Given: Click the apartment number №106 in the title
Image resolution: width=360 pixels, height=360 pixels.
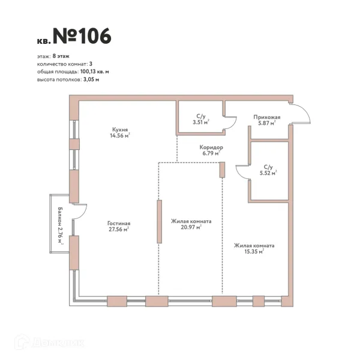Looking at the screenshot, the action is click(82, 36).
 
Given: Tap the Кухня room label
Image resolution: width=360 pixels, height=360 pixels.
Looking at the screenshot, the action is click(120, 130).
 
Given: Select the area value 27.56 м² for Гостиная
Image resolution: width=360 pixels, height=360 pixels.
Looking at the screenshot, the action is click(119, 229).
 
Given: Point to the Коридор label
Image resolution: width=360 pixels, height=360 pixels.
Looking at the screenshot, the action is click(211, 147).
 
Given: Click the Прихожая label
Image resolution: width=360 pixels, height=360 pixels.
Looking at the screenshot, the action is click(267, 117).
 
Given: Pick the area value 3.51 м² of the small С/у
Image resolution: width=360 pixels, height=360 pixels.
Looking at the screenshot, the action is click(201, 122).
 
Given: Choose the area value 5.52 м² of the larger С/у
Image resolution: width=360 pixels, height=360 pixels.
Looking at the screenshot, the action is click(268, 173).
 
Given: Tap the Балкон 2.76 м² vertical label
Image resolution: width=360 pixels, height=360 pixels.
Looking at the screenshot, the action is click(61, 225).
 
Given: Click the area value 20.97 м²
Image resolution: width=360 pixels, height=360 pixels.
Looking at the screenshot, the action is click(191, 227).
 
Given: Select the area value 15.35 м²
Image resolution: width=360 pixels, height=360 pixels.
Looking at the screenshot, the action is click(254, 251).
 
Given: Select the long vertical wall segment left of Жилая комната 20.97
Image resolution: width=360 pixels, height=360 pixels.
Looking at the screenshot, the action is click(160, 221).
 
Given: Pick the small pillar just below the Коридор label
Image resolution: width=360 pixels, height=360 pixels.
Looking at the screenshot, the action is click(222, 170).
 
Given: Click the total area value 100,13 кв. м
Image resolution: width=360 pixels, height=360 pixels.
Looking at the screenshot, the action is click(95, 71).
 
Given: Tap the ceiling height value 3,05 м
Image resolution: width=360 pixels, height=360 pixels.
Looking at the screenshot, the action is click(91, 80).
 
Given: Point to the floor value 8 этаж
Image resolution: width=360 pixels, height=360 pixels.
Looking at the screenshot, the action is click(61, 56).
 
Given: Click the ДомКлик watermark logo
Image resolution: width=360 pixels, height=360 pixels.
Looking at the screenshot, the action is click(50, 343).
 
